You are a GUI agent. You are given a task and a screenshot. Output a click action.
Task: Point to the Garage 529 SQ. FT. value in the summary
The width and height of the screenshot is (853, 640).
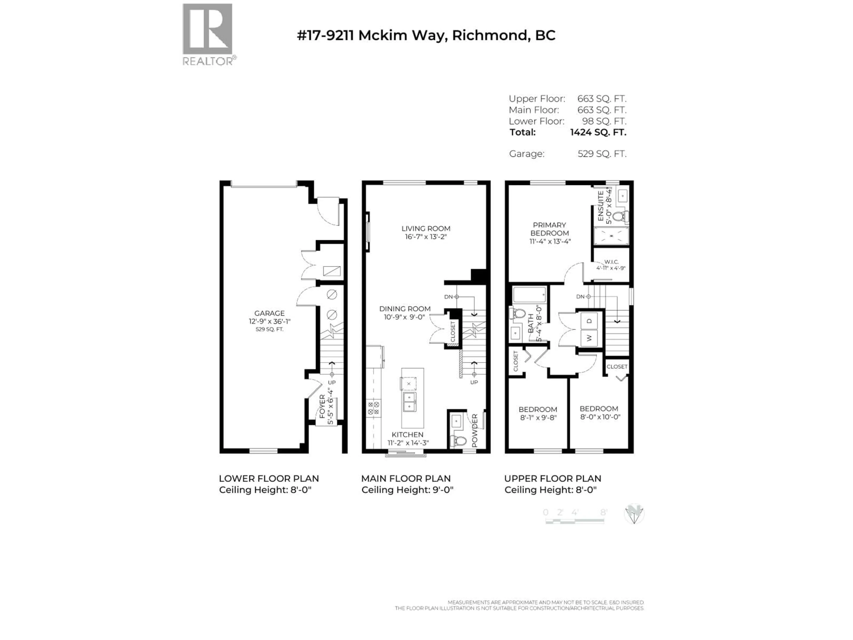[x=602, y=154]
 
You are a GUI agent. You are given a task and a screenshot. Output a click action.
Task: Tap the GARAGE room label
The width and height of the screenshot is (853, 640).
[x=269, y=313]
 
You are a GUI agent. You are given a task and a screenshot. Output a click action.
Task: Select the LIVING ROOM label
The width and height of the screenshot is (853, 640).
[x=426, y=228]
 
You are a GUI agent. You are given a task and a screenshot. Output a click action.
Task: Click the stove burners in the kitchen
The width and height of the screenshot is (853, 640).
[x=373, y=408]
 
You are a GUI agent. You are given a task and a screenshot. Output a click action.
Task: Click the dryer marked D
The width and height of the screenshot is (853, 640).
[x=589, y=321]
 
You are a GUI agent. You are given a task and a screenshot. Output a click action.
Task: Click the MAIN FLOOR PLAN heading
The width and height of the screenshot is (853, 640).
[x=406, y=479]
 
